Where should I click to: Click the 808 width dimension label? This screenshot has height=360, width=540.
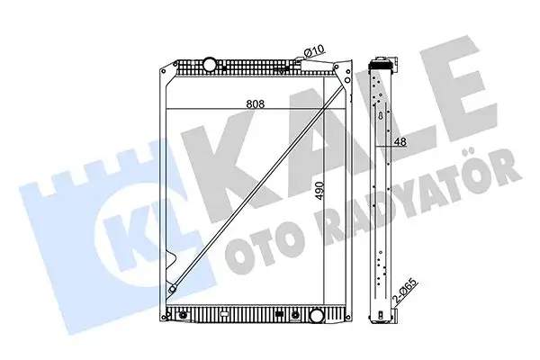256,103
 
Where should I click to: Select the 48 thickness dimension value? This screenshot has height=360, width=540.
400,141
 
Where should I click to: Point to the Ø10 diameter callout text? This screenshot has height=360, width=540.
315,51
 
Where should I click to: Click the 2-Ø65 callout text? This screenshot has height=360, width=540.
406,291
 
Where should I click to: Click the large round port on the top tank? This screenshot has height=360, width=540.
209,64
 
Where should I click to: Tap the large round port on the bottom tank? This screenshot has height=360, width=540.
317,316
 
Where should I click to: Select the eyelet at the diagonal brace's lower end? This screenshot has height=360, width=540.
172,289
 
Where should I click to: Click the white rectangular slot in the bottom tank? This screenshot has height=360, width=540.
224,314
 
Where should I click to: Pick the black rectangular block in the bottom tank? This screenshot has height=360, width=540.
280,314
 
